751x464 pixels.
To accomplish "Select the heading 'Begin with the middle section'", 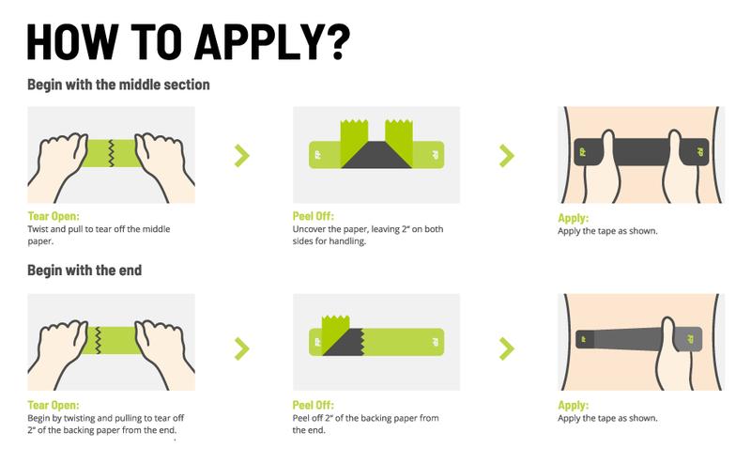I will tap(118, 85).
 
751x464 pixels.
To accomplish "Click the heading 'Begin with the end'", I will tap(84, 271).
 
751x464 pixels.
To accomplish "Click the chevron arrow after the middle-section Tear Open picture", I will tap(242, 155).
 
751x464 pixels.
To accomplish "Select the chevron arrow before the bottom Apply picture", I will tap(507, 348).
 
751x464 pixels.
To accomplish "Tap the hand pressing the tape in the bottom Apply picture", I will tap(669, 352).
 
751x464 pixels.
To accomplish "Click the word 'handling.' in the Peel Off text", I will tap(344, 241).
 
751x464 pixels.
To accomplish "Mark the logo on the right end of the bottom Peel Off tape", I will tap(434, 342).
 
